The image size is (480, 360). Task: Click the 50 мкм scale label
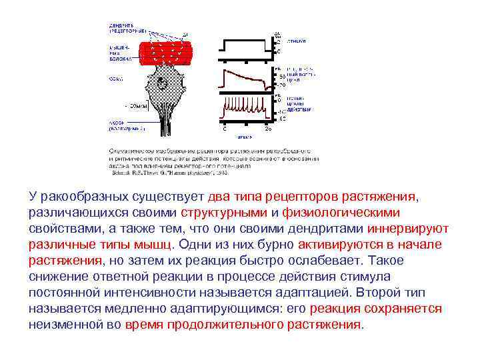(x=136, y=106)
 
